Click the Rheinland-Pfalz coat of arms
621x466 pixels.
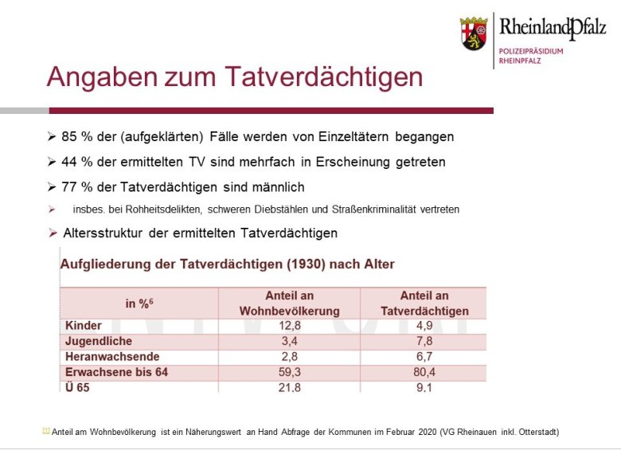click(474, 33)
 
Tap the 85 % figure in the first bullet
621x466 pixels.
click(77, 137)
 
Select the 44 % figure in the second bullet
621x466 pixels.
click(77, 162)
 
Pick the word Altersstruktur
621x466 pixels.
click(103, 233)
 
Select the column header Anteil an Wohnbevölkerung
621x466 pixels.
click(290, 303)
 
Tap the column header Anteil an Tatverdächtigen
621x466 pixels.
click(424, 303)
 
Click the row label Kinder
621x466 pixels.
click(84, 326)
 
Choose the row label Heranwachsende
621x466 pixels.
click(112, 357)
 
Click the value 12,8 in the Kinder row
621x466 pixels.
click(290, 326)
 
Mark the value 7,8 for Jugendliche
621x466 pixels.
click(424, 341)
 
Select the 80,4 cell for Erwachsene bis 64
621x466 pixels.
click(424, 372)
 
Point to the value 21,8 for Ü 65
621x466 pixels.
click(290, 388)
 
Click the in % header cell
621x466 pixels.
click(139, 303)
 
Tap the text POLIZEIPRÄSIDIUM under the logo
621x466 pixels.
click(531, 51)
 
